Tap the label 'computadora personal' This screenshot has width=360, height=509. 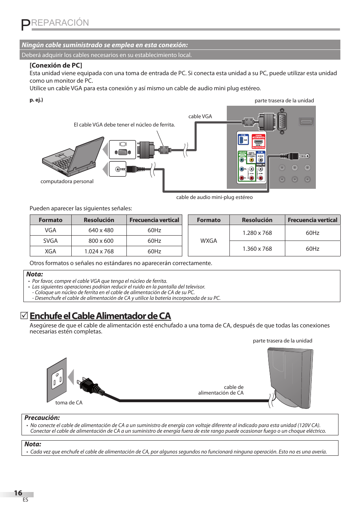[x=67, y=181]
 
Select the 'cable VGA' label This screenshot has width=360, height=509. [x=200, y=116]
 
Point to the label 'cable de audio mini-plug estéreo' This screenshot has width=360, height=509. [x=214, y=197]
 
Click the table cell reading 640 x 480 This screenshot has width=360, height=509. [x=101, y=230]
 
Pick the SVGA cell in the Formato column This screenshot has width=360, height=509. [x=51, y=241]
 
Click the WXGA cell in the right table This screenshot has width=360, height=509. [x=209, y=241]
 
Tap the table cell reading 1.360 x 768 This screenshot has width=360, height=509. [x=257, y=249]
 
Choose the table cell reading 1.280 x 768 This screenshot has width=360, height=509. [x=257, y=233]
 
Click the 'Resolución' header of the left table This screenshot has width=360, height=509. [x=99, y=220]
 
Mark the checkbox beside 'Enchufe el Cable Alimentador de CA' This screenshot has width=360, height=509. [x=24, y=315]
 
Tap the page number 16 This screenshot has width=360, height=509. [x=18, y=493]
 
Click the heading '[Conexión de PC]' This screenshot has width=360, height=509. [x=56, y=65]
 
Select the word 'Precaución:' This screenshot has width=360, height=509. [x=42, y=418]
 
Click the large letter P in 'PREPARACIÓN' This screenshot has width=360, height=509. [x=25, y=25]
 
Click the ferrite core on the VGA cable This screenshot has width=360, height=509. [x=164, y=150]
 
